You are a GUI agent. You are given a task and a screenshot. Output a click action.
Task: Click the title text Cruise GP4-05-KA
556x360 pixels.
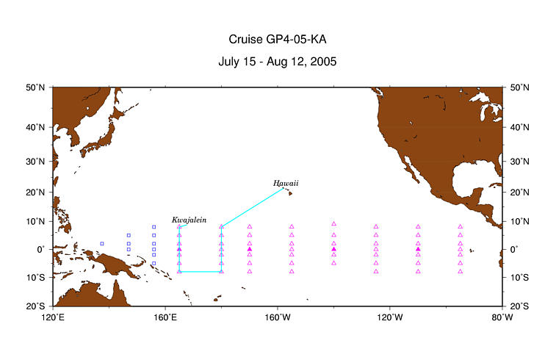[278, 40]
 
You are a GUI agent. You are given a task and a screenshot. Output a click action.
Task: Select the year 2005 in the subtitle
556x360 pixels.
[323, 62]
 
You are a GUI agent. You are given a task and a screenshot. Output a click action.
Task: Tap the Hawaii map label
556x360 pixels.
[286, 184]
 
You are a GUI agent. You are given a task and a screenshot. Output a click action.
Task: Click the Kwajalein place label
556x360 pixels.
[189, 220]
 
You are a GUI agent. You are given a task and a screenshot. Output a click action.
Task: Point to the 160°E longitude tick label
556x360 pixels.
[165, 317]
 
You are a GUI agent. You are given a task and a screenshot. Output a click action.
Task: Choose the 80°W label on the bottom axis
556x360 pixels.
[502, 317]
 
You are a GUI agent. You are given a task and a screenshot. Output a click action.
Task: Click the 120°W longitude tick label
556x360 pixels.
[390, 317]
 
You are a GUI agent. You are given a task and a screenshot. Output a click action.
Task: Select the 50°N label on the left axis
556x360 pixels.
[35, 87]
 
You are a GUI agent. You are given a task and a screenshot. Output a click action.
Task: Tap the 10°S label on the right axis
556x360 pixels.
[519, 278]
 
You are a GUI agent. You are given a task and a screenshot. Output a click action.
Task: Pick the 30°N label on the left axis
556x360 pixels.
[35, 162]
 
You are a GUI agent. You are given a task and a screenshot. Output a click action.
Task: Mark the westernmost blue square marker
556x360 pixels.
[102, 244]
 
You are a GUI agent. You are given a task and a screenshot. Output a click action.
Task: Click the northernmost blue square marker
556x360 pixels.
[154, 227]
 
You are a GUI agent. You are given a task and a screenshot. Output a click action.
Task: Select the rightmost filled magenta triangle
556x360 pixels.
[418, 249]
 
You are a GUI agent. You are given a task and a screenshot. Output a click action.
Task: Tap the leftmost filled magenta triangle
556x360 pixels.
[179, 249]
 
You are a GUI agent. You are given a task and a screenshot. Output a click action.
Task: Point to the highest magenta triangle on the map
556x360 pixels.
[333, 224]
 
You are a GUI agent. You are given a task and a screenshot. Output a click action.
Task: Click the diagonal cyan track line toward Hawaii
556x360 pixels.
[252, 207]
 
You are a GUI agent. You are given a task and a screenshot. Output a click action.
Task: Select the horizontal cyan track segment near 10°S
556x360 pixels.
[201, 272]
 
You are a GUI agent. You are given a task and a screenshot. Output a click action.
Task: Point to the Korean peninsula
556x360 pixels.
[75, 137]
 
